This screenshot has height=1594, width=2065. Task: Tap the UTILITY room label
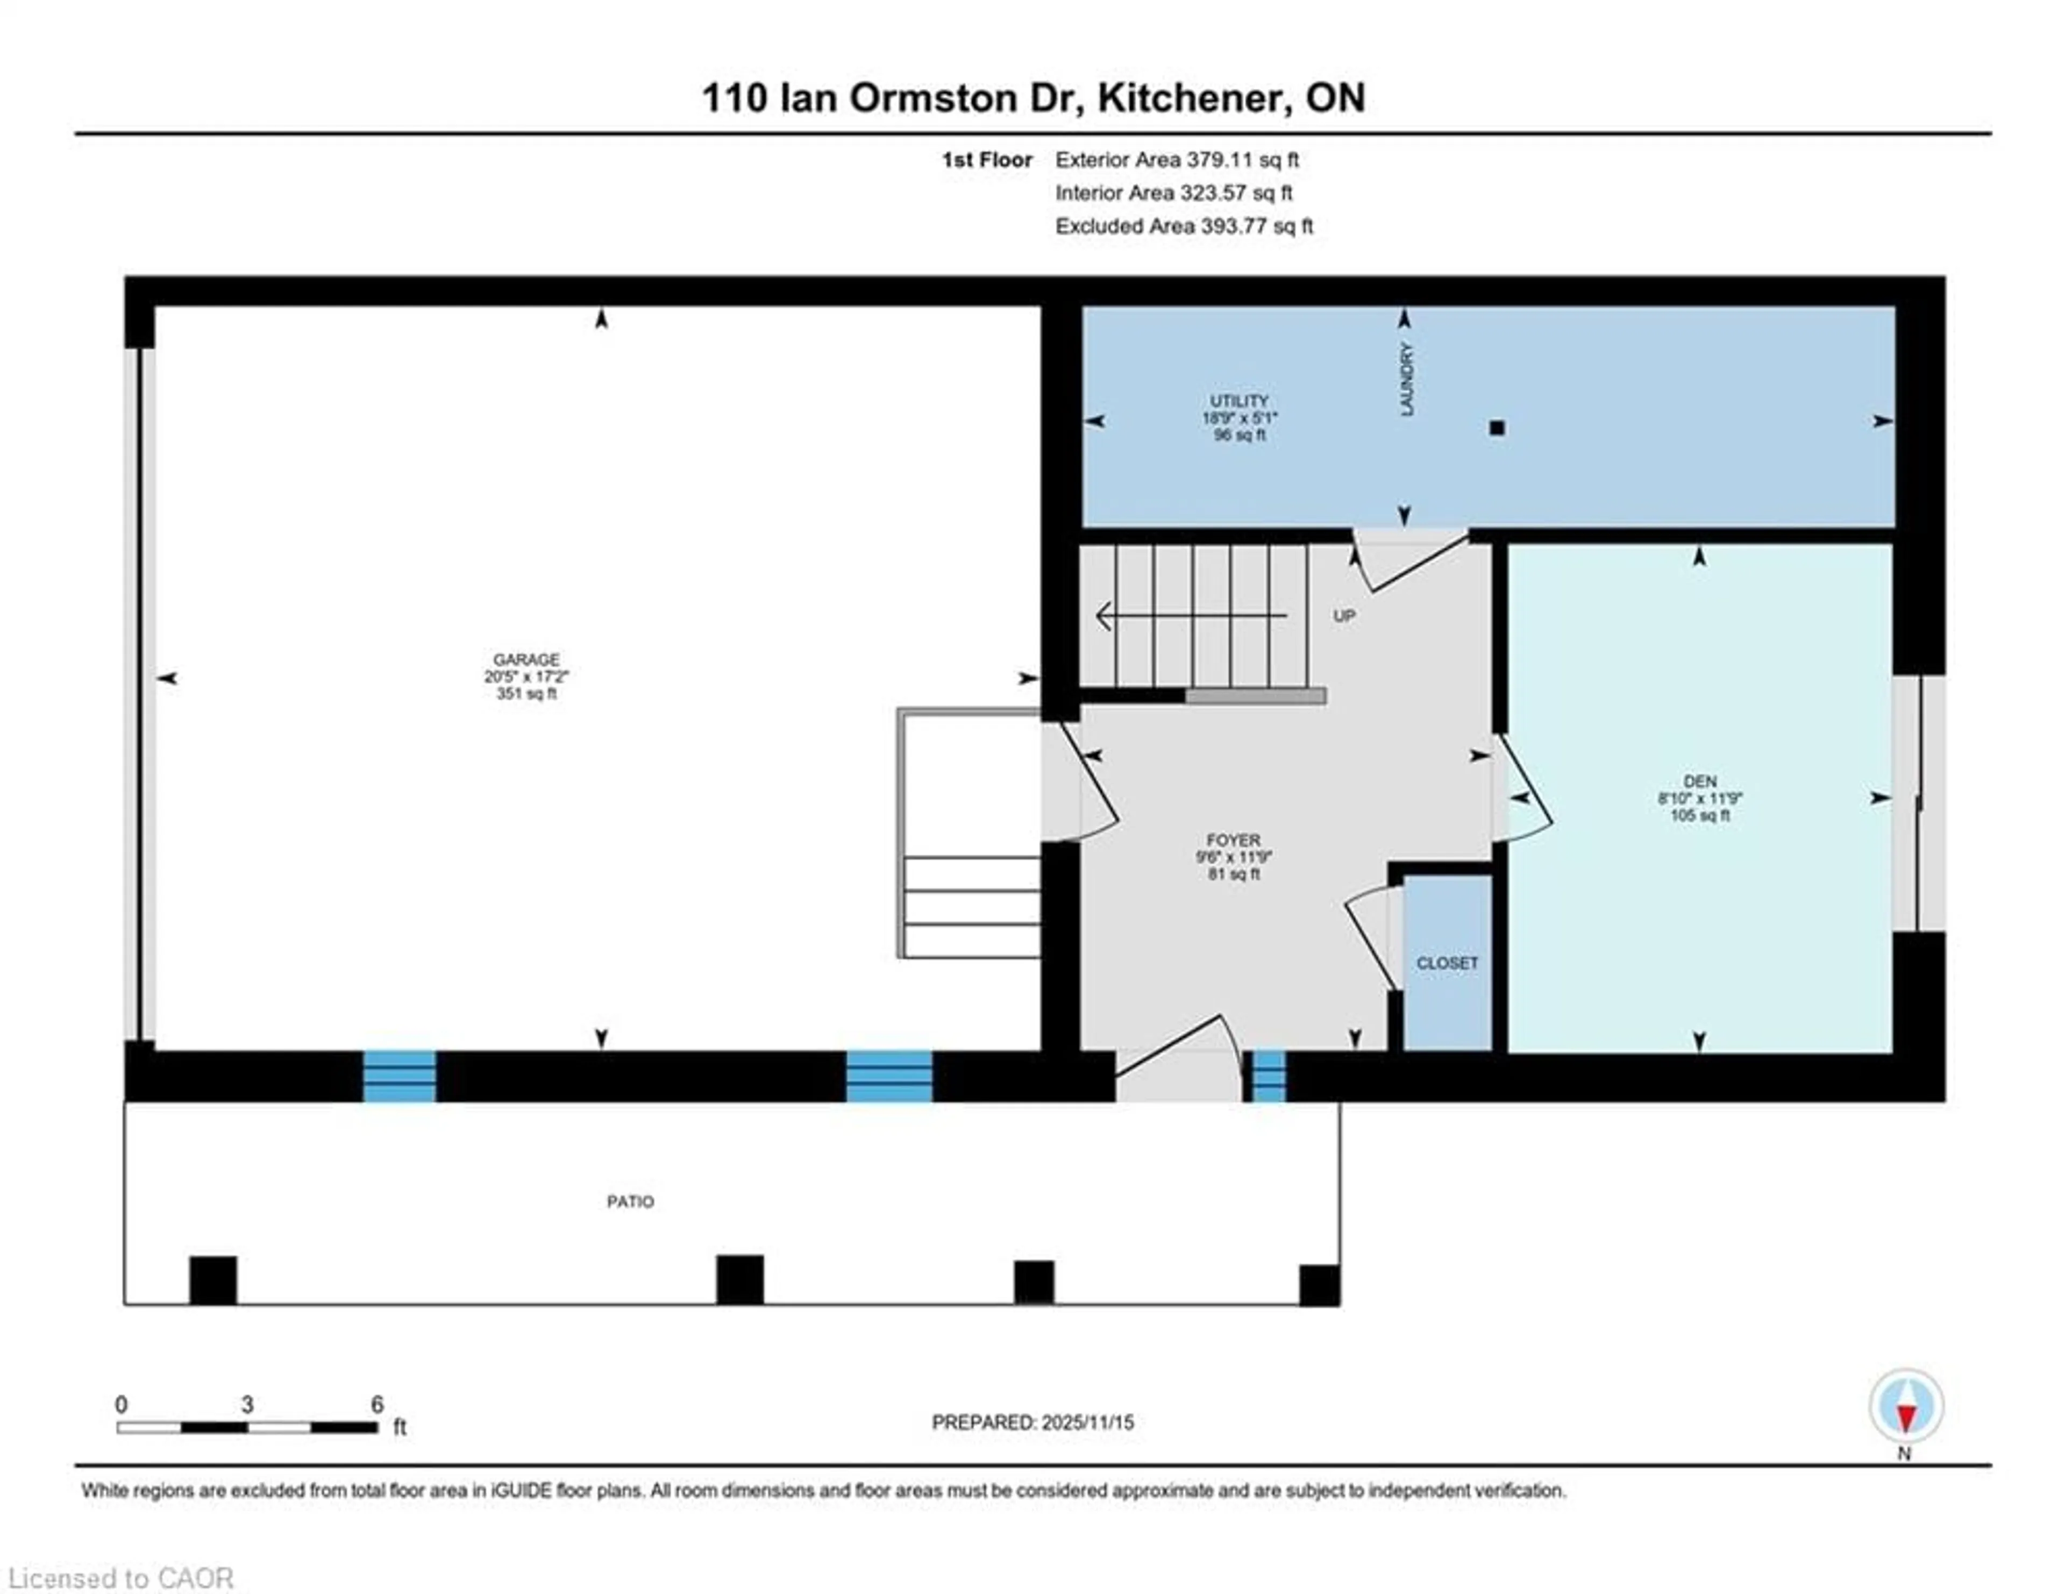pyautogui.click(x=1238, y=401)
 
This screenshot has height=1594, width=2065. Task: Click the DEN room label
pyautogui.click(x=1699, y=781)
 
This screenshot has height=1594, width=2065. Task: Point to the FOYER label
pyautogui.click(x=1233, y=839)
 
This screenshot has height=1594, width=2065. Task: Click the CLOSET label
pyautogui.click(x=1447, y=963)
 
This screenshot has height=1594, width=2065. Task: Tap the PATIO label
pyautogui.click(x=630, y=1201)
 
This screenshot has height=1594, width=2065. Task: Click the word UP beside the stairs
pyautogui.click(x=1343, y=615)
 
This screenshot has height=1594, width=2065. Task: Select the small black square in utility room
pyautogui.click(x=1497, y=428)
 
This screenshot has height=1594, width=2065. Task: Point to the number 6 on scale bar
pyautogui.click(x=378, y=1405)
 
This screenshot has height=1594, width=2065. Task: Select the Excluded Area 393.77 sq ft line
pyautogui.click(x=1184, y=226)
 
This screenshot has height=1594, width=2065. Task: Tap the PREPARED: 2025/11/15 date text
pyautogui.click(x=1032, y=1422)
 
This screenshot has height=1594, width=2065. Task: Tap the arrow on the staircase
pyautogui.click(x=1105, y=616)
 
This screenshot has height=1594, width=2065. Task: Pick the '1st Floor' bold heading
pyautogui.click(x=986, y=160)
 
